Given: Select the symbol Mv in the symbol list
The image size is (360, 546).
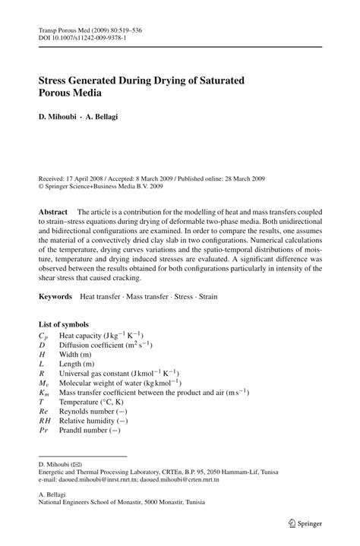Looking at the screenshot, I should (45, 383).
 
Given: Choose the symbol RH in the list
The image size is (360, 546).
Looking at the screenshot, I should (46, 419).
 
